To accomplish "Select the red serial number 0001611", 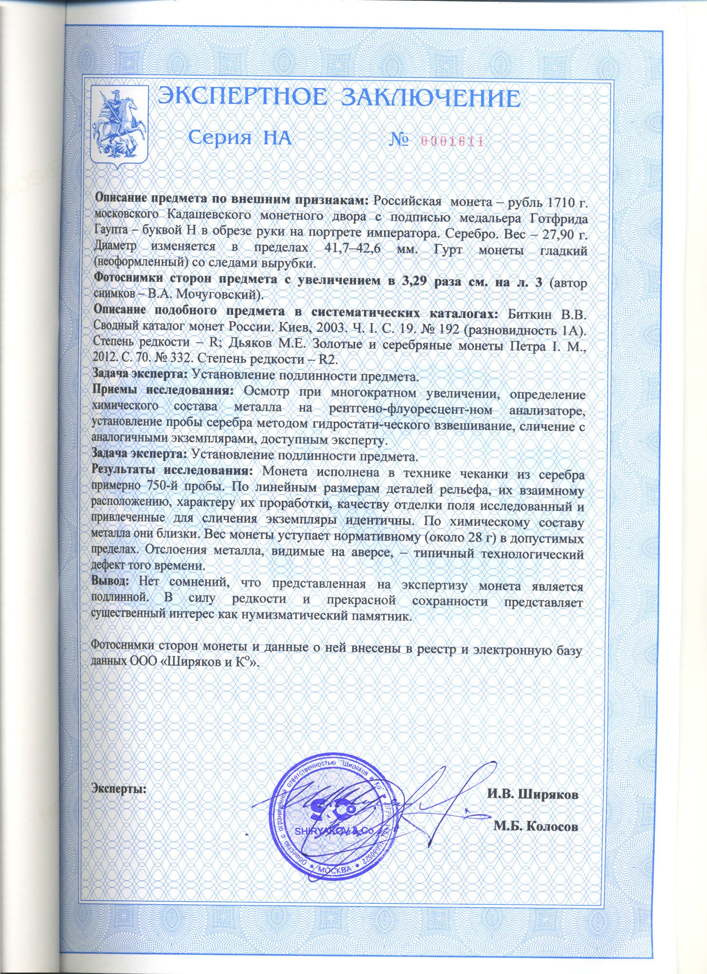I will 451,141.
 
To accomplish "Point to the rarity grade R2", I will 327,359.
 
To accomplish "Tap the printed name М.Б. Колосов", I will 536,826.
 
